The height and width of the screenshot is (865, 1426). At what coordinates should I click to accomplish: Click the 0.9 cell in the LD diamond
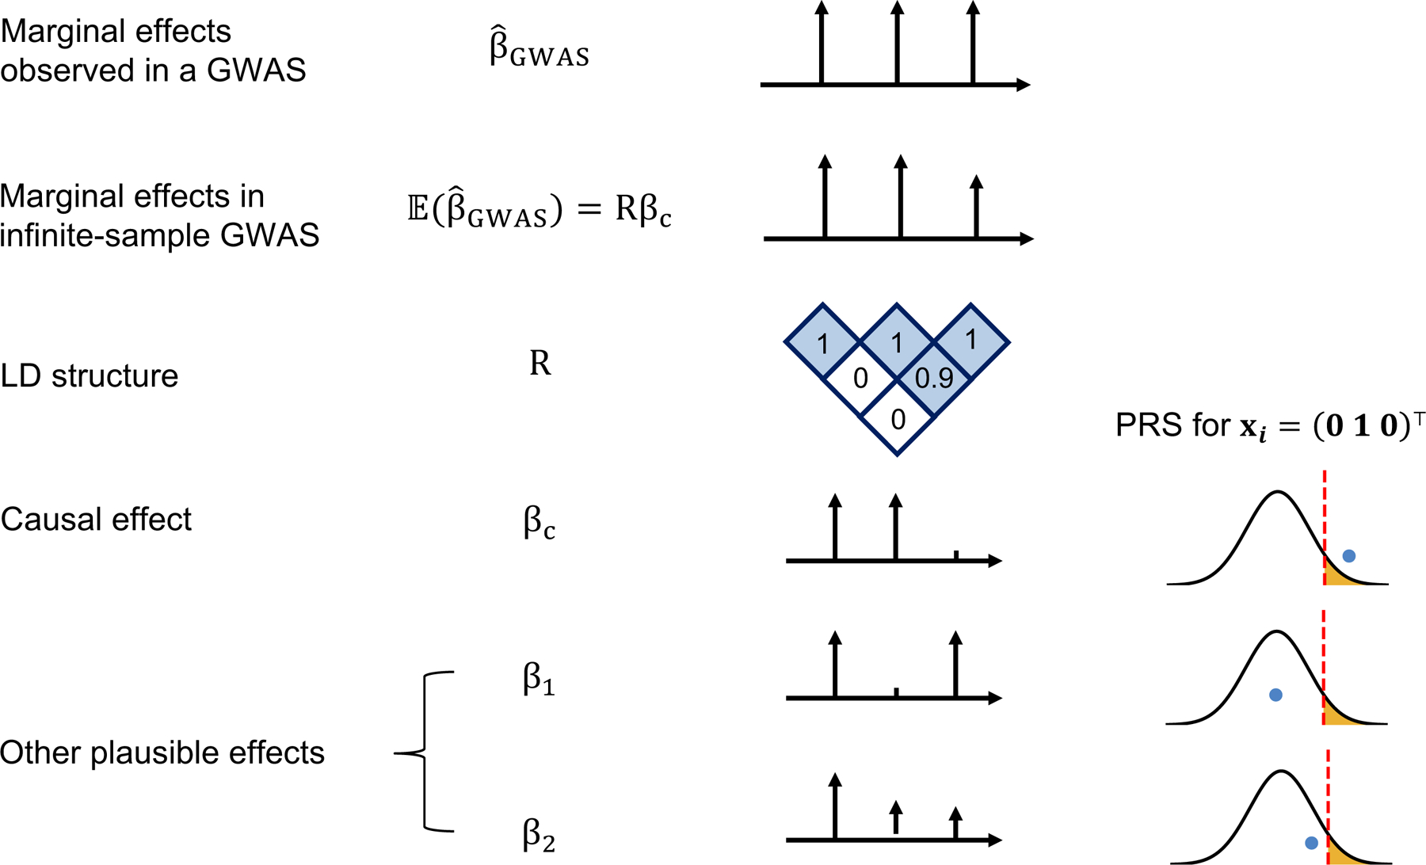tap(934, 379)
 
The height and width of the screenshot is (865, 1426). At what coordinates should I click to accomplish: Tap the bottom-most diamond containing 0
tap(898, 418)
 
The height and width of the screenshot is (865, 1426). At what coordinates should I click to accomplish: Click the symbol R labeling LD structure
tap(540, 363)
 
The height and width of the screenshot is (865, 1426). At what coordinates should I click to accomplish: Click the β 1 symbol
tap(539, 680)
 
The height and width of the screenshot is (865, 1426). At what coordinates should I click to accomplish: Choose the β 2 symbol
tap(539, 835)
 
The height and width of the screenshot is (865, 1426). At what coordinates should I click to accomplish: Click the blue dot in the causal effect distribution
tap(1348, 556)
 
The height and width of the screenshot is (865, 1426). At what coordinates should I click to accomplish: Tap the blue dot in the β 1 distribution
tap(1275, 695)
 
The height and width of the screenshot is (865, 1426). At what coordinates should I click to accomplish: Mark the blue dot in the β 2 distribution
tap(1311, 843)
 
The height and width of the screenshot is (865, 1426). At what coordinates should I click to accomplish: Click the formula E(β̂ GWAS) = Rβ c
tap(539, 210)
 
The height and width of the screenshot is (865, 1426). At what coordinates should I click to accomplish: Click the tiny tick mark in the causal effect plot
tap(956, 554)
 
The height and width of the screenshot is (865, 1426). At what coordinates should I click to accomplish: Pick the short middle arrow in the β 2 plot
tap(896, 817)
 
